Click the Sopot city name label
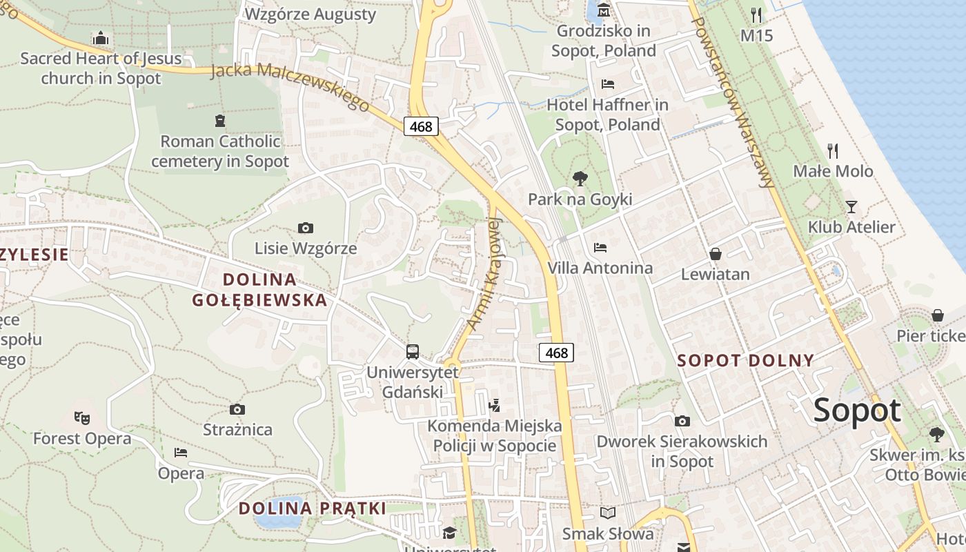click(857, 411)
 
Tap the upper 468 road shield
click(421, 126)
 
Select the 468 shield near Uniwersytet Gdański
click(556, 353)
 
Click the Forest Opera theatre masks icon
click(82, 417)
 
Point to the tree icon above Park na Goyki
click(580, 179)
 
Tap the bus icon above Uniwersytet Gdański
click(413, 352)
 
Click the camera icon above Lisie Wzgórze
click(305, 228)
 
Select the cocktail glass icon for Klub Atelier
click(851, 206)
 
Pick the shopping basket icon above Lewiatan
click(715, 254)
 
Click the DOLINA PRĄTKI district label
click(313, 509)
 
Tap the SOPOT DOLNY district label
click(746, 360)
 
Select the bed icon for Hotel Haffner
click(608, 84)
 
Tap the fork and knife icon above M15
click(756, 14)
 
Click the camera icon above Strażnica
click(237, 410)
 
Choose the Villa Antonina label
click(600, 268)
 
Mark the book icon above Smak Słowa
click(608, 513)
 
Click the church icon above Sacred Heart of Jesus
click(101, 38)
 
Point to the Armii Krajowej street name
click(485, 274)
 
